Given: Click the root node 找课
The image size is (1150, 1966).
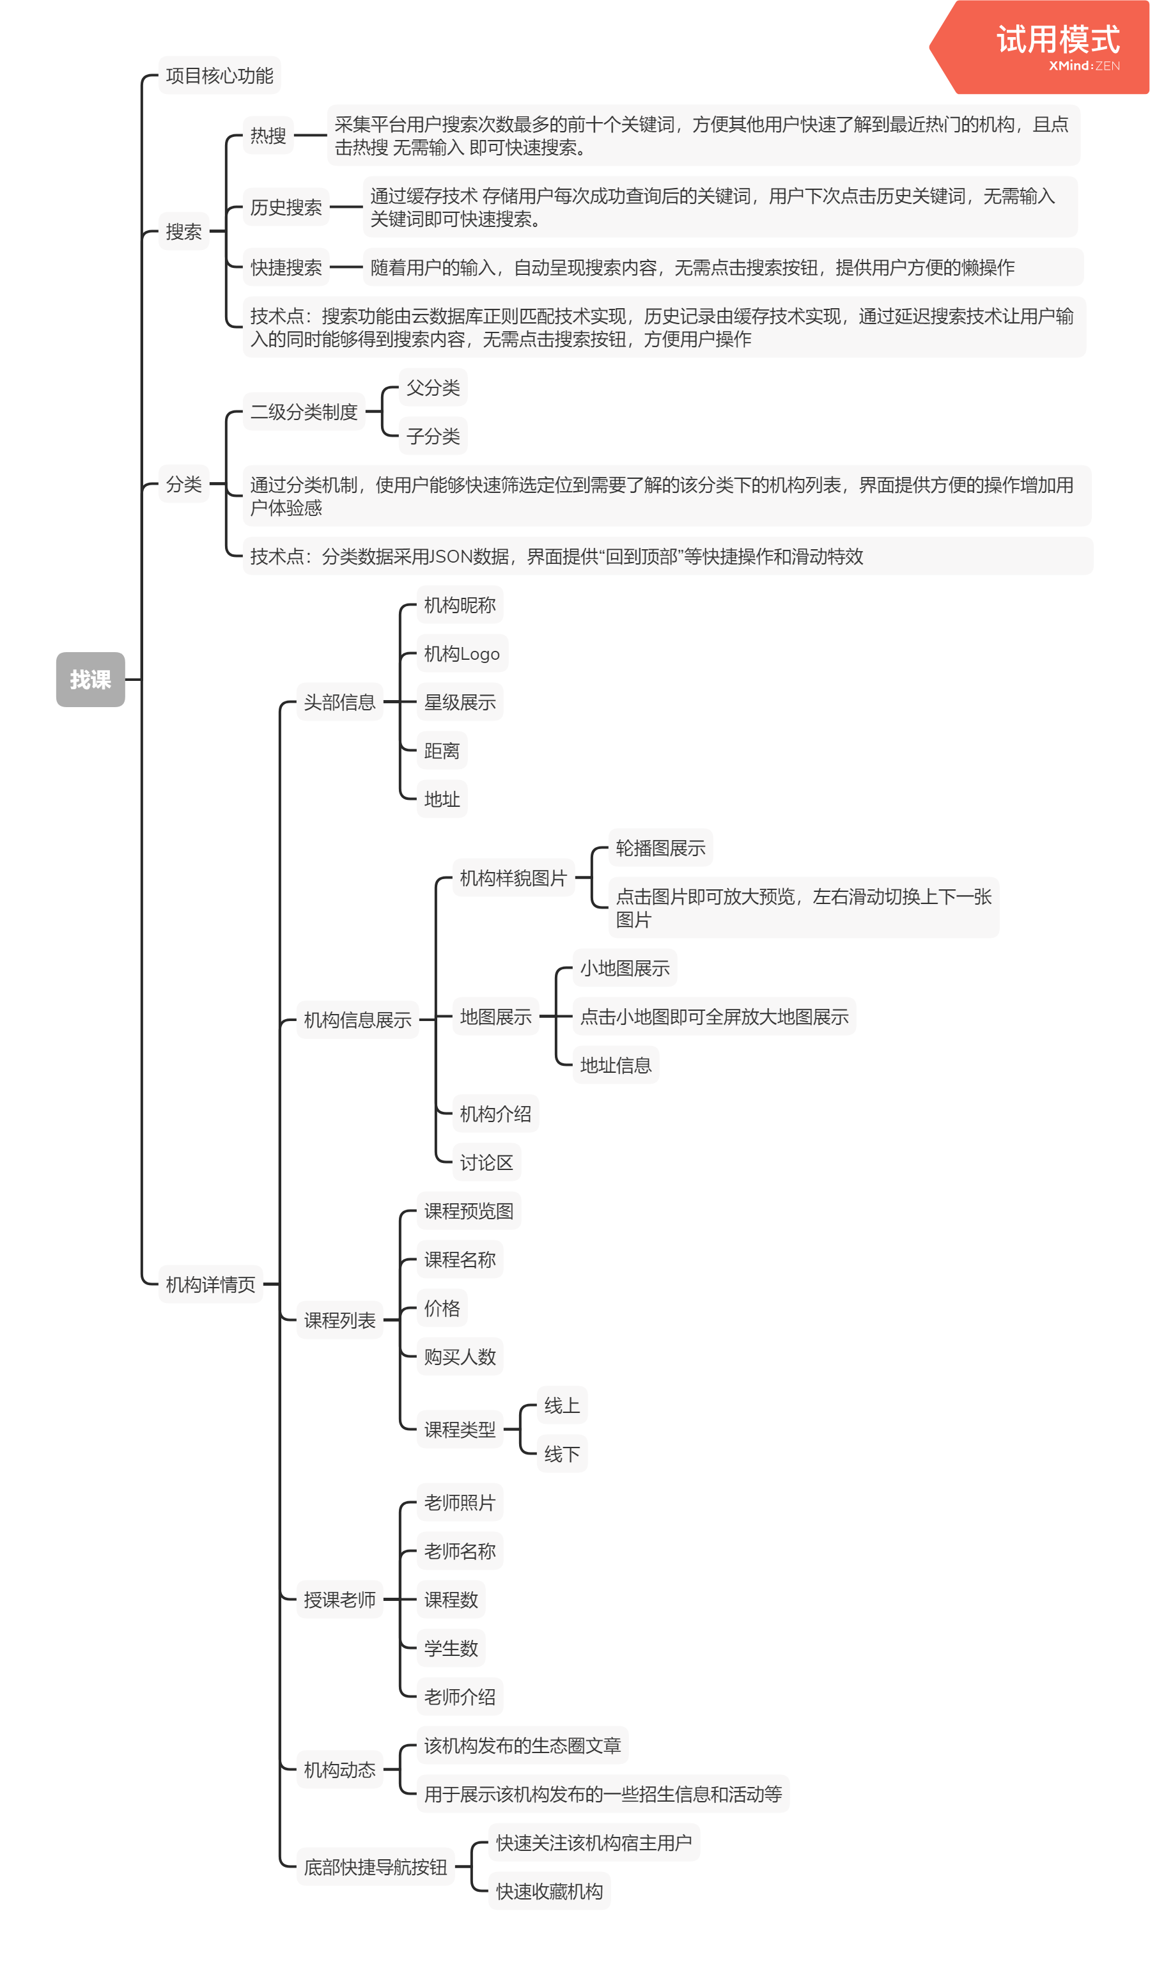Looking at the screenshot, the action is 91,680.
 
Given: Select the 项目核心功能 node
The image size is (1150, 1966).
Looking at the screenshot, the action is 219,75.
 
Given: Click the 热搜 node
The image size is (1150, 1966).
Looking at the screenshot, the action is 268,136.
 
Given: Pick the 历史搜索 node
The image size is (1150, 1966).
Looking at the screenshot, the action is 286,208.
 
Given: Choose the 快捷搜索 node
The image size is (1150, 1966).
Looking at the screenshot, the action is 286,268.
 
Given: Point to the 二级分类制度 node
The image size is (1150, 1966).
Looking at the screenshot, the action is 304,412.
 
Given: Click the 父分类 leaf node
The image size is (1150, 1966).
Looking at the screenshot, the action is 433,387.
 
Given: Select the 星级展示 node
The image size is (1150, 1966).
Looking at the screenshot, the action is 460,702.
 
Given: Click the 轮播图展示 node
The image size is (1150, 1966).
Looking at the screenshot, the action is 660,848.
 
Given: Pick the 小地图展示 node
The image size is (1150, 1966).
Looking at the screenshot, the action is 624,968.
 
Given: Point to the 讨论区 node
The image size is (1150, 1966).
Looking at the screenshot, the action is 486,1162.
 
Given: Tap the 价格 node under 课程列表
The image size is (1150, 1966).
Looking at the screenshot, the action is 442,1308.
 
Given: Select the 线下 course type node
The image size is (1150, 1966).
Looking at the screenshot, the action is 562,1455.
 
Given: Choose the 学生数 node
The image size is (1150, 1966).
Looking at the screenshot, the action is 451,1648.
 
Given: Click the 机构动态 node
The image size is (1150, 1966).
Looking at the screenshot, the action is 339,1770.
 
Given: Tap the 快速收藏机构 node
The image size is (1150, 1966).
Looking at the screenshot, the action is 549,1891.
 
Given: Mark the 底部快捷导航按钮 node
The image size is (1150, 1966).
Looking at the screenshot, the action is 375,1867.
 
